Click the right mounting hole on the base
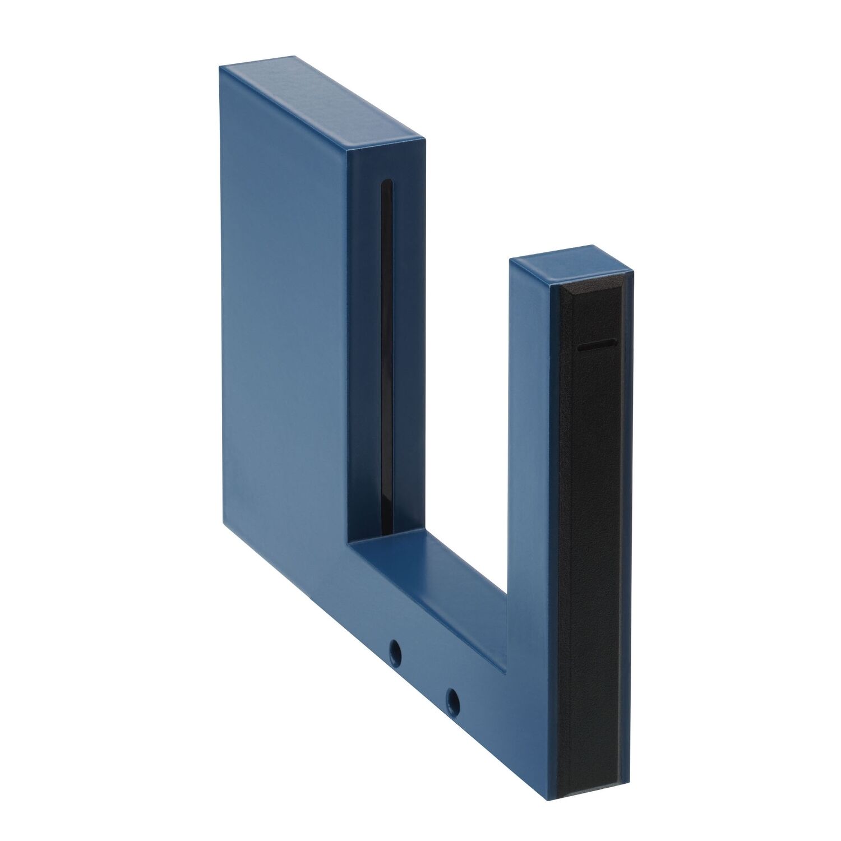[x=452, y=698]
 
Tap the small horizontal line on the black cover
[x=595, y=347]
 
